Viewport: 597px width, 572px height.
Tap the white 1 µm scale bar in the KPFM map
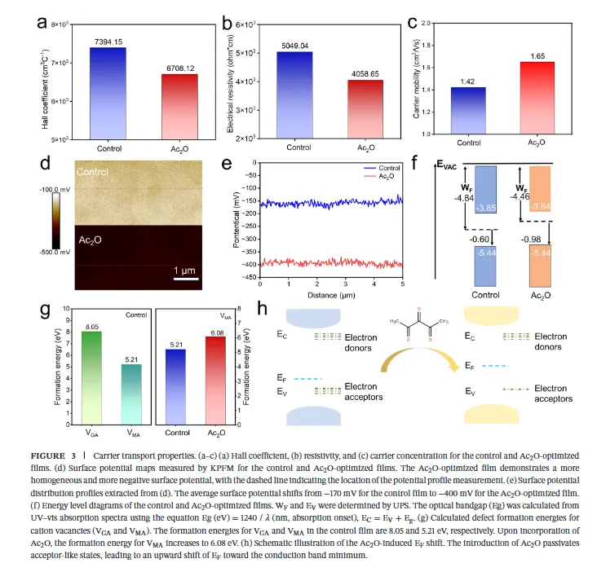click(x=187, y=279)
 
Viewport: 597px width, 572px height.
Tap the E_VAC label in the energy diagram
click(x=446, y=164)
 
